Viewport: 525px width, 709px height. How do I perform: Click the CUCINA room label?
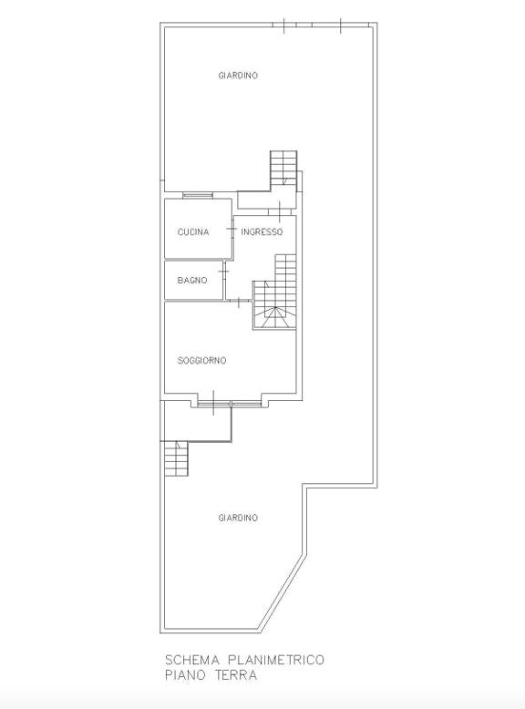[x=193, y=232]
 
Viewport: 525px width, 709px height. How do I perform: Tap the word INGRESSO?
[x=262, y=232]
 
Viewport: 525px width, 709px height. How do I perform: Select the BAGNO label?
[x=192, y=281]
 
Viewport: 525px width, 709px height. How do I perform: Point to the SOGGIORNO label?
[x=201, y=360]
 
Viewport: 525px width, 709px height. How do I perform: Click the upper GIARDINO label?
[x=238, y=76]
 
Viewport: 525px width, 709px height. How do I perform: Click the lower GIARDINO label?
[x=238, y=518]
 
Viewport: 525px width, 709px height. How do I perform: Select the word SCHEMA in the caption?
[x=192, y=660]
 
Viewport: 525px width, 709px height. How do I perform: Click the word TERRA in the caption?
[x=235, y=675]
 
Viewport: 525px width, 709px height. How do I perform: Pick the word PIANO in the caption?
[x=184, y=675]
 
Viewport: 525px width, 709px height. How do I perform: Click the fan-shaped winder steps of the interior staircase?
[x=274, y=317]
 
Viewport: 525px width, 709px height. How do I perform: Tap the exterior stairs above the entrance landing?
[x=283, y=168]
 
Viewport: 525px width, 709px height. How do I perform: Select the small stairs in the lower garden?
[x=176, y=458]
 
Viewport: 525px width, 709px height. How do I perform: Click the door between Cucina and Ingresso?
[x=232, y=230]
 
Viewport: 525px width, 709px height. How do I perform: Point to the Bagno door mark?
[x=223, y=271]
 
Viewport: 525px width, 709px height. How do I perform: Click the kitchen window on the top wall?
[x=198, y=196]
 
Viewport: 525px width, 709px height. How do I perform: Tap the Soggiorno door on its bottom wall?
[x=214, y=402]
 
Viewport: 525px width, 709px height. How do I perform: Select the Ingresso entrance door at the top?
[x=280, y=211]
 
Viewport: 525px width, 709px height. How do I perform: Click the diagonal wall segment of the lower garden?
[x=282, y=591]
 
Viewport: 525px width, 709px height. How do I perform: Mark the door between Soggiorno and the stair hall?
[x=239, y=301]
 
